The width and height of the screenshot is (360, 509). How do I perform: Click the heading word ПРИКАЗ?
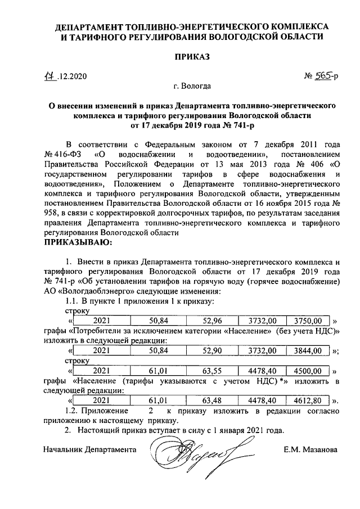(191, 57)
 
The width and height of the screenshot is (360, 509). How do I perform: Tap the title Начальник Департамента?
(90, 450)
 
